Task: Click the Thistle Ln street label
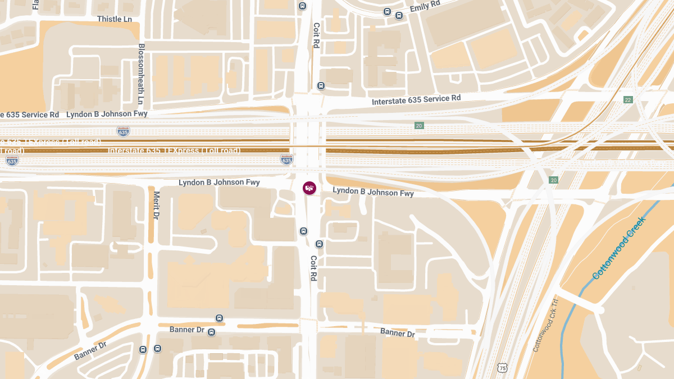[115, 19]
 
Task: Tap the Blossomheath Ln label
[141, 74]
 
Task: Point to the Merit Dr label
[156, 205]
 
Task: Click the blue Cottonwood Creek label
[619, 248]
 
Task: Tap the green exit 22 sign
[627, 99]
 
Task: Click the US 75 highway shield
[503, 368]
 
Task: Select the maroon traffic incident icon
[309, 188]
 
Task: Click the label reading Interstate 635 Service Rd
[416, 101]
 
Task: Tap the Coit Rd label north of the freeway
[316, 35]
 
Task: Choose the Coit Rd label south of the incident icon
[313, 268]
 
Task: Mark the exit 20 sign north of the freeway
[419, 126]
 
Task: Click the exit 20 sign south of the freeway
[554, 180]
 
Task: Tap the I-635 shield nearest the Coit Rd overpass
[286, 160]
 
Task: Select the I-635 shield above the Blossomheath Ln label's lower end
[123, 131]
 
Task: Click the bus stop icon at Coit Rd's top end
[303, 6]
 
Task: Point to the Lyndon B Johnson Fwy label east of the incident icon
[373, 192]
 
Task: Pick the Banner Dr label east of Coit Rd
[397, 332]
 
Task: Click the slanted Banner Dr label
[90, 350]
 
